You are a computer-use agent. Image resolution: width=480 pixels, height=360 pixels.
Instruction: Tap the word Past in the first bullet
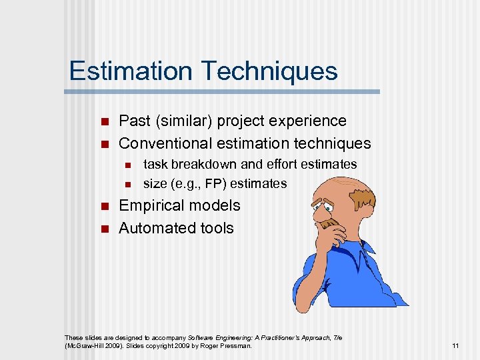[x=133, y=121]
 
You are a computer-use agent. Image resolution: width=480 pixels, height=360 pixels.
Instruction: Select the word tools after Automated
[x=215, y=227]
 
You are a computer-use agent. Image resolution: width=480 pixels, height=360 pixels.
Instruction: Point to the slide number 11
[x=455, y=345]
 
